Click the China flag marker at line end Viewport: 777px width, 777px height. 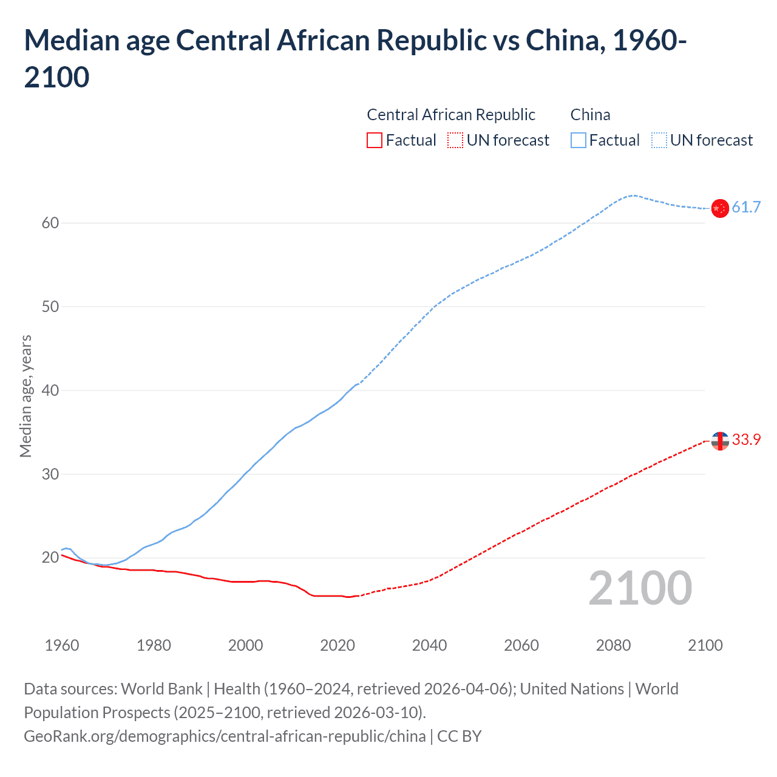719,208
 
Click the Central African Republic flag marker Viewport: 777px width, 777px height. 719,441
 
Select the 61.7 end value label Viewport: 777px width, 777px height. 746,208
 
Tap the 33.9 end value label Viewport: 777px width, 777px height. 746,440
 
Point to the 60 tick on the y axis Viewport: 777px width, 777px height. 50,223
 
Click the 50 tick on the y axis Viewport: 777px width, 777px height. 50,307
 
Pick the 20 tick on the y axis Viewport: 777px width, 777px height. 50,557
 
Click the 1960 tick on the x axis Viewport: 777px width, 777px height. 62,645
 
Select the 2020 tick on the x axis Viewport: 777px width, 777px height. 338,645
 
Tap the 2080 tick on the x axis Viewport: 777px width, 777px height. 613,645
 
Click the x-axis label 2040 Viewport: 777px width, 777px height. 429,645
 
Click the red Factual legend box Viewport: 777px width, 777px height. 375,140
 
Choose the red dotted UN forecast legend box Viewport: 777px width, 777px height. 455,140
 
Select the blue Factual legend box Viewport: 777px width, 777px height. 579,140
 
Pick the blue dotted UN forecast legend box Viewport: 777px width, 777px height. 659,140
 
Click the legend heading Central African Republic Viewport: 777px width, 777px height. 451,115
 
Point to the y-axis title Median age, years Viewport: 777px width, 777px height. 25,396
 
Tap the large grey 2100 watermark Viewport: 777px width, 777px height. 640,588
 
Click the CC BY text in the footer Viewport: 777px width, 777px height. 459,736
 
